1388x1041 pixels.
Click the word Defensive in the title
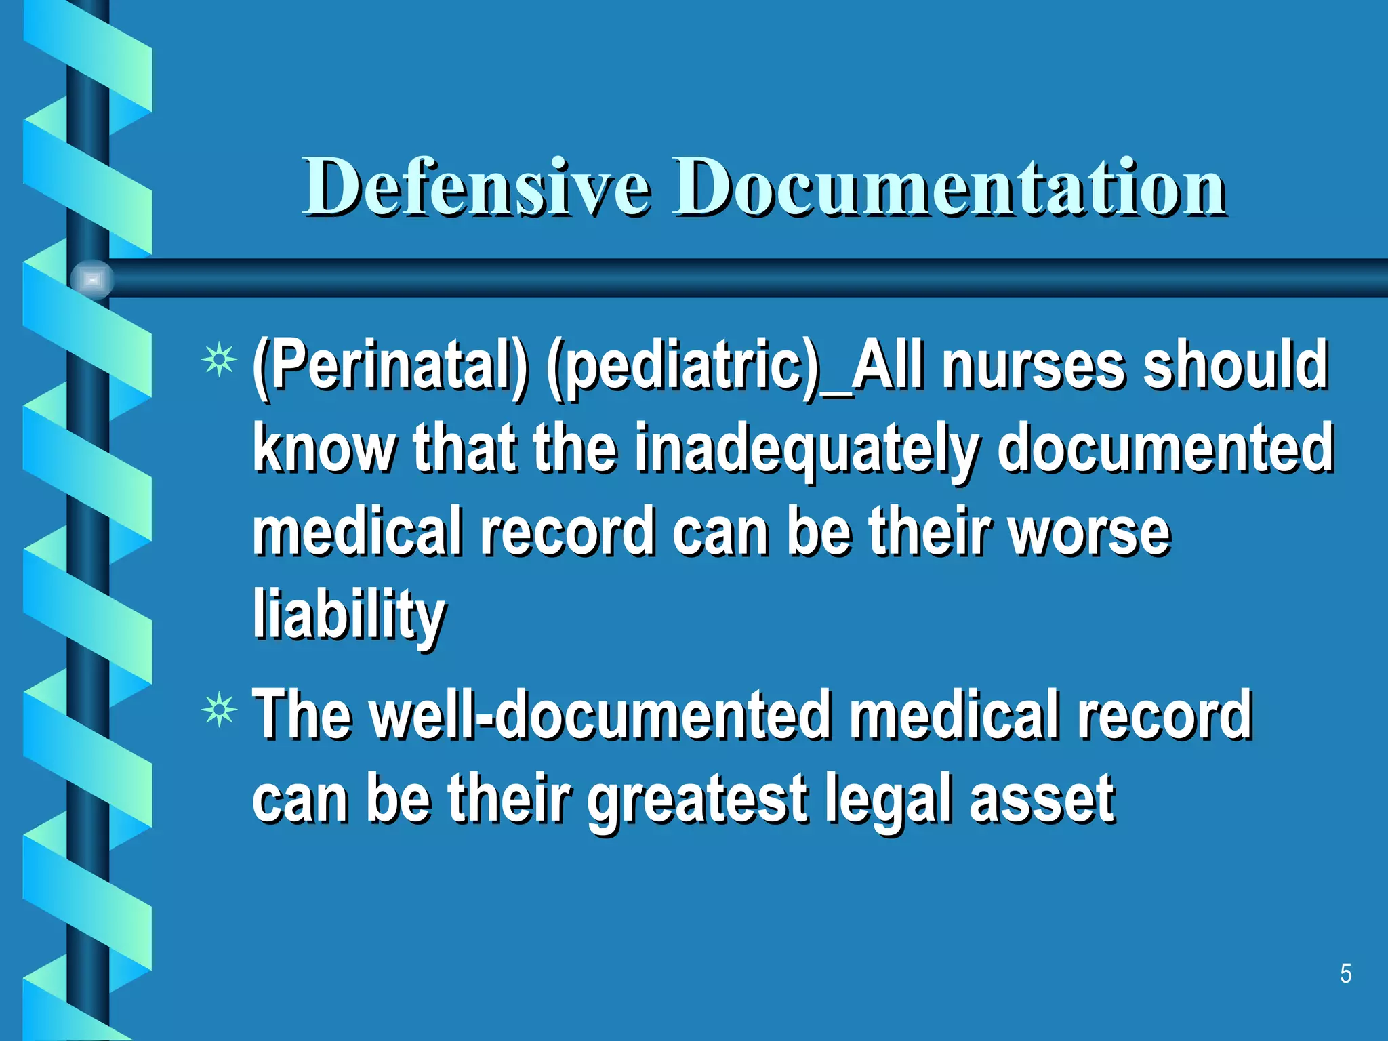coord(476,186)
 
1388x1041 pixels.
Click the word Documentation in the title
coord(949,186)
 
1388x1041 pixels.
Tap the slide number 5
coord(1345,974)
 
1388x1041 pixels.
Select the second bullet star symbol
coord(219,712)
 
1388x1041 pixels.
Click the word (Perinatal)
coord(390,367)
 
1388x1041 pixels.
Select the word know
coord(324,449)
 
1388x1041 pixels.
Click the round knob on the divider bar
coord(92,279)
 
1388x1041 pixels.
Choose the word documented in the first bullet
coord(1165,449)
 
